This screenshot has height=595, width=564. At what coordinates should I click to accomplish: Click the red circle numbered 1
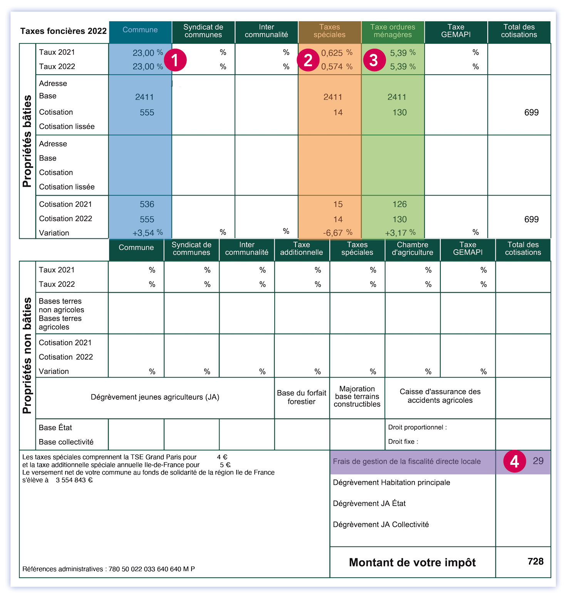[175, 60]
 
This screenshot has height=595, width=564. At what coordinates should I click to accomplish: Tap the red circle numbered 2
[308, 60]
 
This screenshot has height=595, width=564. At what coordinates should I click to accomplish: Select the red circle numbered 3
[374, 60]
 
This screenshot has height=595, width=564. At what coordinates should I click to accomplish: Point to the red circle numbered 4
[514, 461]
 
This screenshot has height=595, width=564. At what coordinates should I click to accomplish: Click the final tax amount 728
[535, 561]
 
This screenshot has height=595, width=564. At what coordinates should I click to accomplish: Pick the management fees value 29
[538, 461]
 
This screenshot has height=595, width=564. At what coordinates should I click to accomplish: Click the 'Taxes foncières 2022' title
[63, 31]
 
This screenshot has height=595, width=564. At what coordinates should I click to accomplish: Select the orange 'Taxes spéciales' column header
[329, 31]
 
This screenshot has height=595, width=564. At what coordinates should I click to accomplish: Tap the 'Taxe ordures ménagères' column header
[393, 31]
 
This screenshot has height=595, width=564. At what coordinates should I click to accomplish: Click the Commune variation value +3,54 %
[148, 233]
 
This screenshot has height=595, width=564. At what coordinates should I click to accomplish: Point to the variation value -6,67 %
[337, 233]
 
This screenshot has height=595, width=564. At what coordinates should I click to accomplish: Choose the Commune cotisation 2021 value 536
[147, 204]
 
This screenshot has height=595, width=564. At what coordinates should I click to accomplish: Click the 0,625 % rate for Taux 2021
[336, 53]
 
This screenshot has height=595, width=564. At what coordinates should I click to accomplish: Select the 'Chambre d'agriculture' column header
[412, 249]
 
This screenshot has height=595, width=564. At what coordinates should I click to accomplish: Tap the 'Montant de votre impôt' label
[412, 562]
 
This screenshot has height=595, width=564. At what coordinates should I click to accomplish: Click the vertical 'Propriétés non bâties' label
[27, 355]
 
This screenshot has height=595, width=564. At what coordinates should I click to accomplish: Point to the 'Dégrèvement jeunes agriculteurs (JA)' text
[155, 397]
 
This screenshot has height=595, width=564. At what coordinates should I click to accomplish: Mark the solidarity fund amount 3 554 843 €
[74, 480]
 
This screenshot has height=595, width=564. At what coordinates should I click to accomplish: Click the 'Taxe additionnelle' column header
[301, 249]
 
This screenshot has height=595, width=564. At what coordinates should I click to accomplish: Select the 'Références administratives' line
[109, 569]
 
